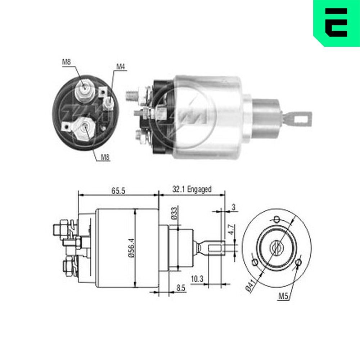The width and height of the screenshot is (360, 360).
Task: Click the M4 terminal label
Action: point(120,67)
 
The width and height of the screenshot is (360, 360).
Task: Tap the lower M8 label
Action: point(105,157)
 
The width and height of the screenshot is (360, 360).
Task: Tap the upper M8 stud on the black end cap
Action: point(85,88)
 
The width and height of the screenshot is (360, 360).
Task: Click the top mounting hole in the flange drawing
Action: point(276,219)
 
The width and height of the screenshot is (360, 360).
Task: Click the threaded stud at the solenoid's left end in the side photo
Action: point(131,96)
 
